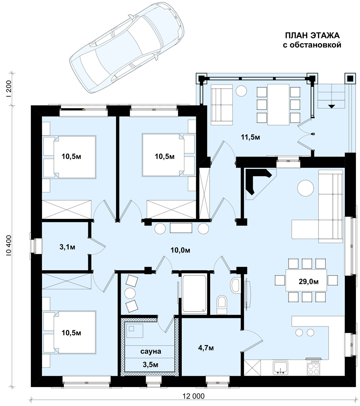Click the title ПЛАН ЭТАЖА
click(312, 36)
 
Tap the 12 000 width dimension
click(194, 396)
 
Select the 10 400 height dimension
click(9, 246)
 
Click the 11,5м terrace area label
click(250, 137)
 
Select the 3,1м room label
click(67, 247)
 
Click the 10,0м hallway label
click(180, 250)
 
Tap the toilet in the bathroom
click(222, 305)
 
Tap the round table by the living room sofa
click(306, 188)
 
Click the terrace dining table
click(278, 105)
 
